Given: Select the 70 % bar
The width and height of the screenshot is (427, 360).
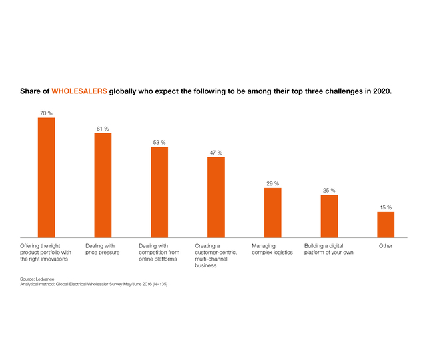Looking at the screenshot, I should click(46, 177).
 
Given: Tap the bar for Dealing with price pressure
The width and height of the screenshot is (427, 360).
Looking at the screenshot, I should click(103, 185).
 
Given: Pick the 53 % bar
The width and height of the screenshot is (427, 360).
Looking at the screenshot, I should click(159, 191).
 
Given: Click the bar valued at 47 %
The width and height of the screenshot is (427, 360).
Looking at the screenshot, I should click(216, 197).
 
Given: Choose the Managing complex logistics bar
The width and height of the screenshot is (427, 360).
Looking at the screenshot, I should click(272, 212).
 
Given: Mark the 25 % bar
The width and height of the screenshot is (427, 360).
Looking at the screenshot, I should click(329, 215).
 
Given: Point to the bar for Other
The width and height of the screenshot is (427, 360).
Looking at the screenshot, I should click(386, 224).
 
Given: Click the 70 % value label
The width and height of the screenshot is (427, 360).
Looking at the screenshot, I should click(46, 113).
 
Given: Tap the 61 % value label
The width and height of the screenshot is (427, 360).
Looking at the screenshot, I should click(103, 128).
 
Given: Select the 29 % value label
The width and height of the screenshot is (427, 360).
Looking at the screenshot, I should click(272, 183).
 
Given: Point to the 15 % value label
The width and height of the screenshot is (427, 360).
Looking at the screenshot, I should click(386, 207).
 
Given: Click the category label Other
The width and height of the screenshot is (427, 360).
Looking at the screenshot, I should click(386, 246).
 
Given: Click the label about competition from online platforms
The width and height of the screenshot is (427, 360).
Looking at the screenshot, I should click(159, 253).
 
